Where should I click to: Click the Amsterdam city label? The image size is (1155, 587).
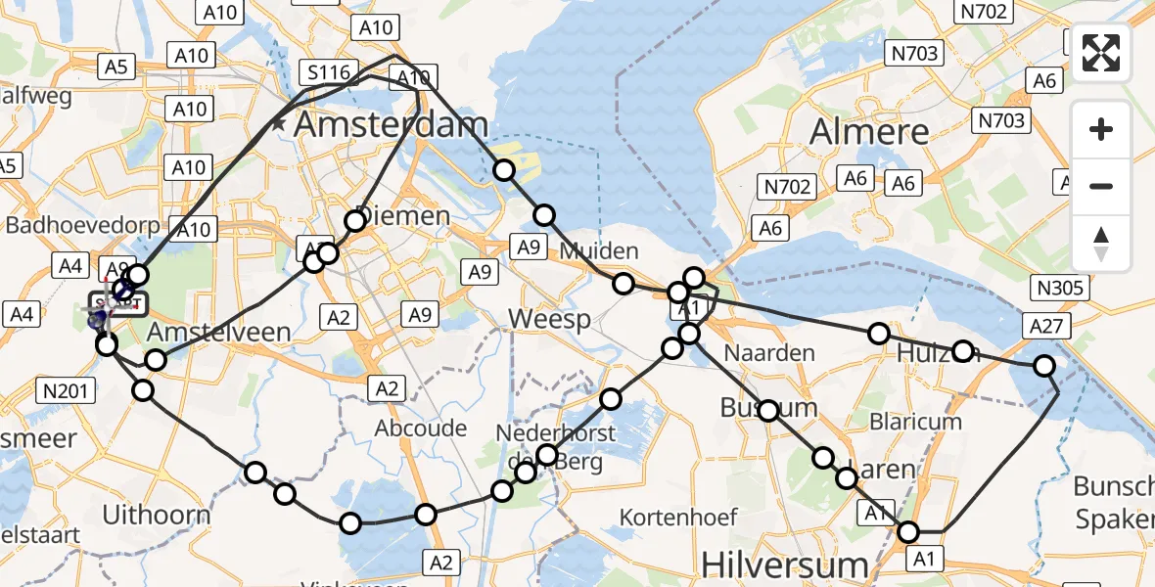coord(390,124)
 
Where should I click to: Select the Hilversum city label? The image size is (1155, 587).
coord(786,564)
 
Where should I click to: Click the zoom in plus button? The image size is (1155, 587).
coord(1101,129)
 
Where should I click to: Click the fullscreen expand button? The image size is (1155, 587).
coord(1101,53)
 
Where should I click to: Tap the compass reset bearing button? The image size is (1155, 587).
coord(1101,244)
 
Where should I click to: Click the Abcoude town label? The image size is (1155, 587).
coord(420,428)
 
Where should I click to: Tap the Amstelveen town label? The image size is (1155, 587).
coord(218,333)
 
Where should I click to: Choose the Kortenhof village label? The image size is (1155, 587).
coord(670,515)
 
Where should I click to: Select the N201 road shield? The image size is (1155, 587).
coord(67,392)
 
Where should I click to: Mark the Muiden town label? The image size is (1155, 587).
coord(598,251)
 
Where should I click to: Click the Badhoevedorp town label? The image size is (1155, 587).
coord(81,225)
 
